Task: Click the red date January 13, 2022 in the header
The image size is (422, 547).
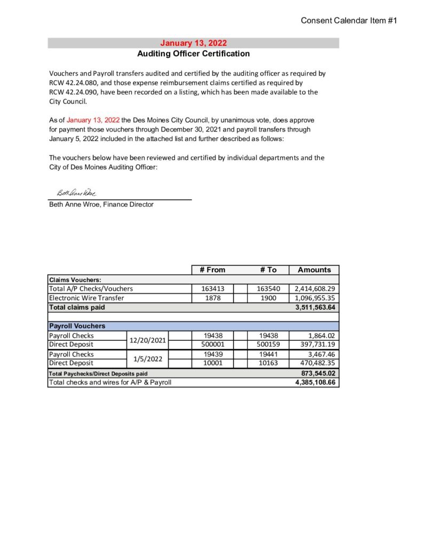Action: tap(193, 43)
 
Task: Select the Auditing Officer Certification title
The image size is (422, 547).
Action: tap(193, 53)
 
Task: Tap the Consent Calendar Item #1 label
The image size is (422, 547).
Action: tap(349, 20)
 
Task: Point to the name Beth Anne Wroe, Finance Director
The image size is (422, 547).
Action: tap(101, 204)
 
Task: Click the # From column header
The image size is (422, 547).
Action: tap(212, 270)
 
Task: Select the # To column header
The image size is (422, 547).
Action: tap(268, 270)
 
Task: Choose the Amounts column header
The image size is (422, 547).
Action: tap(314, 270)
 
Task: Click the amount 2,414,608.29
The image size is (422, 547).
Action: tap(315, 288)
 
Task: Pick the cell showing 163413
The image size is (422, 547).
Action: tap(212, 288)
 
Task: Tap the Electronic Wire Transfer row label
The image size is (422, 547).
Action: tap(86, 298)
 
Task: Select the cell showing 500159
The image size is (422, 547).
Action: tap(268, 345)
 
